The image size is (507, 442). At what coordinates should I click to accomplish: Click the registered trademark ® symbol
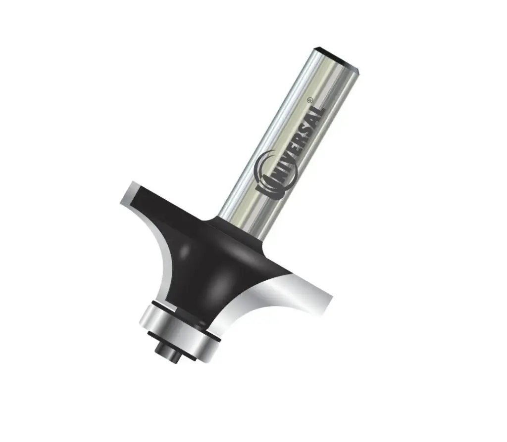[x=309, y=99]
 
